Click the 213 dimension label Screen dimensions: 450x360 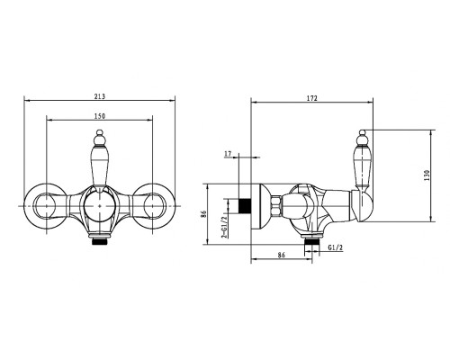pyautogui.click(x=100, y=96)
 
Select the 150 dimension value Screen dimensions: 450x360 pyautogui.click(x=100, y=116)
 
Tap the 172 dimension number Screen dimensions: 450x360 pyautogui.click(x=312, y=98)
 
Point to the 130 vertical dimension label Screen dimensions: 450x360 pyautogui.click(x=427, y=175)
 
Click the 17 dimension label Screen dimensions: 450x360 pyautogui.click(x=228, y=154)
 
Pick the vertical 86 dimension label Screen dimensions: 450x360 pyautogui.click(x=203, y=214)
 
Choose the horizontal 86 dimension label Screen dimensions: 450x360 pyautogui.click(x=281, y=256)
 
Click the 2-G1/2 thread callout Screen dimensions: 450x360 pyautogui.click(x=223, y=227)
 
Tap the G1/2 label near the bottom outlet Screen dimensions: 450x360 pyautogui.click(x=335, y=247)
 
